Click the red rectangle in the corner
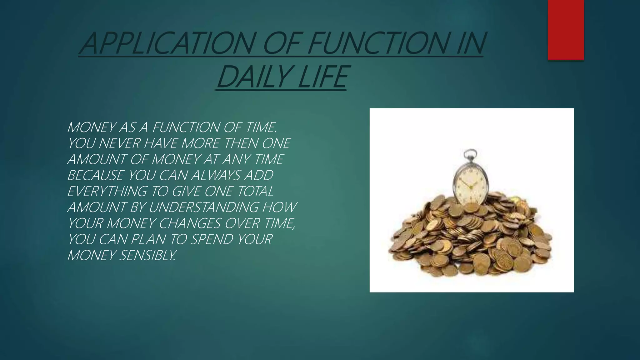(x=566, y=30)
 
